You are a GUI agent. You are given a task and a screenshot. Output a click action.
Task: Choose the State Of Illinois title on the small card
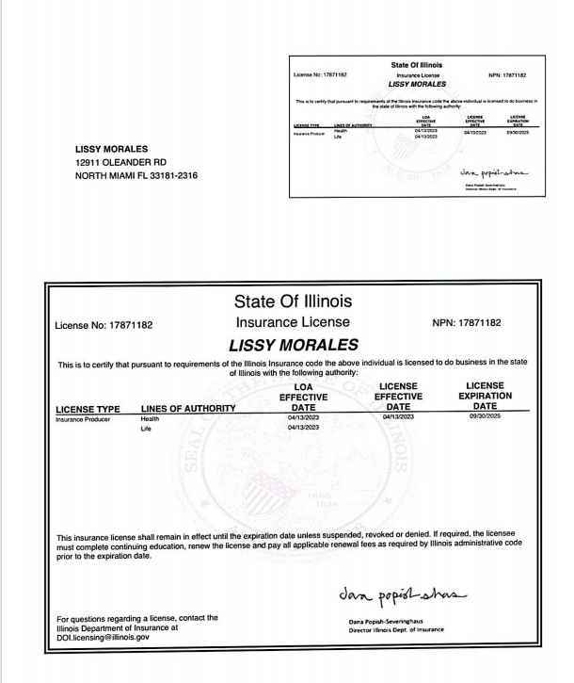click(414, 65)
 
